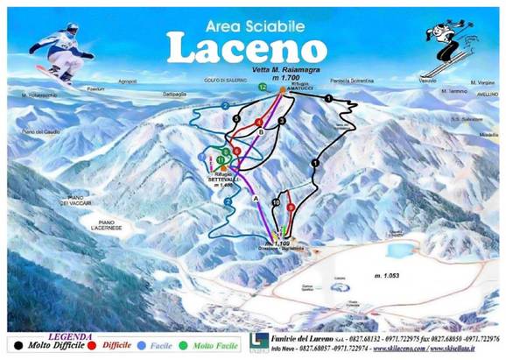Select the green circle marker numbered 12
pos(263,88)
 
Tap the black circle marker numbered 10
pos(276,203)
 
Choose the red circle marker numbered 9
pos(281,195)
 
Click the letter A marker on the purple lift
pos(256,200)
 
